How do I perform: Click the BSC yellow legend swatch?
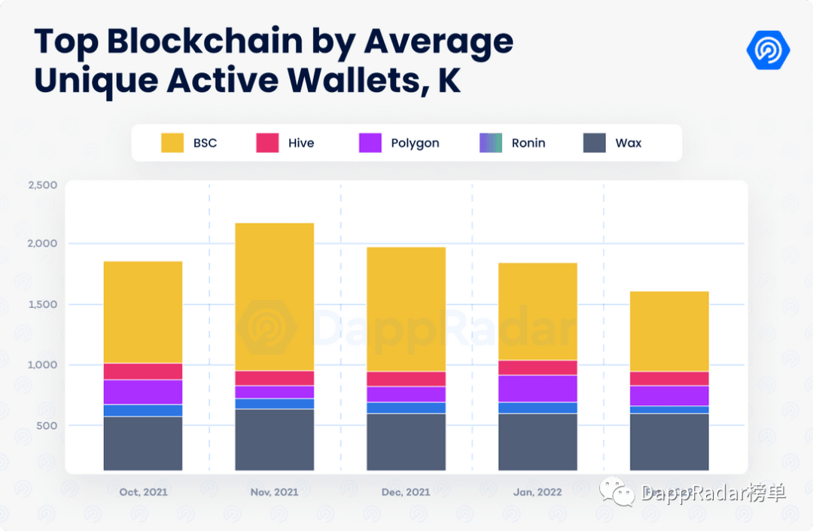(172, 143)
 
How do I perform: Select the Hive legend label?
(301, 143)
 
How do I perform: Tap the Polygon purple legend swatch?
(370, 143)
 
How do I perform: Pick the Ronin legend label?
(528, 143)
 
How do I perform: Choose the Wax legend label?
(629, 143)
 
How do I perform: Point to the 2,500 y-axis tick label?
(43, 185)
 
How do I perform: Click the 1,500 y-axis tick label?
(43, 304)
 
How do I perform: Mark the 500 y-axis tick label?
(46, 426)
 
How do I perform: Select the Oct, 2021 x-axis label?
(143, 492)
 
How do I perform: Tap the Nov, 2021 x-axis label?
(274, 492)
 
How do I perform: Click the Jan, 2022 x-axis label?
(537, 492)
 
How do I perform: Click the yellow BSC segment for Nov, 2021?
(274, 297)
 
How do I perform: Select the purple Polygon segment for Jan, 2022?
(537, 389)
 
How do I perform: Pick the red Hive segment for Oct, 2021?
(143, 371)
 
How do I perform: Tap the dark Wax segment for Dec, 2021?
(406, 442)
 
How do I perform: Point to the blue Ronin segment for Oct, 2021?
(143, 410)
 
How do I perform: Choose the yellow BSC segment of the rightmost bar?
(669, 331)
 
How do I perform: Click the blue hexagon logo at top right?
(768, 50)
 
